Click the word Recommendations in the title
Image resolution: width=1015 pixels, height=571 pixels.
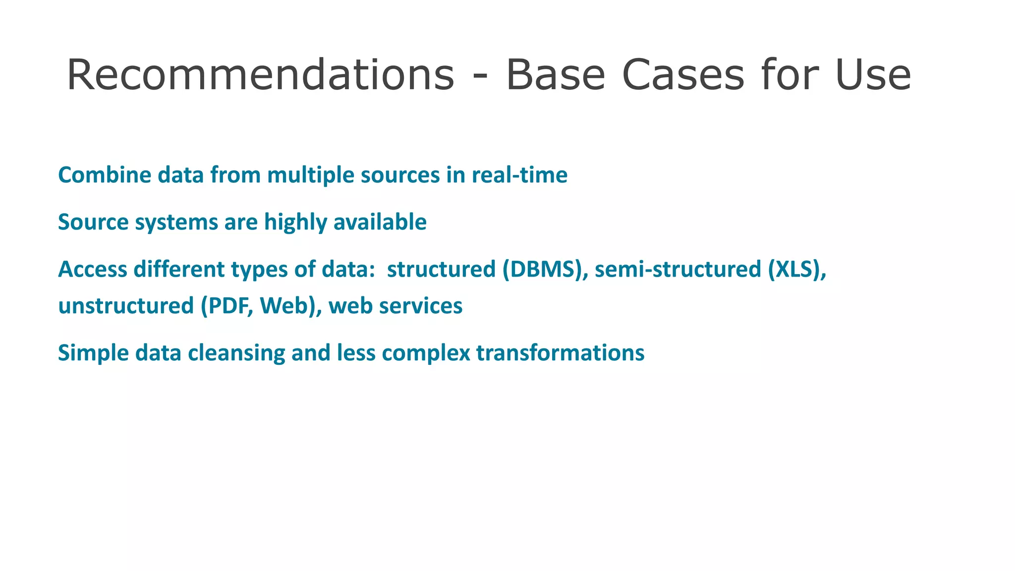[x=260, y=75]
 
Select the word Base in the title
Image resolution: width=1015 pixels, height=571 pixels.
[x=555, y=75]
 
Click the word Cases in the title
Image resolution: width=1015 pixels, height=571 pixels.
[x=683, y=75]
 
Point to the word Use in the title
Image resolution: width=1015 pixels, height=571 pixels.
[x=873, y=75]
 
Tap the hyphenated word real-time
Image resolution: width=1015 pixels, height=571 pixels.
[x=519, y=175]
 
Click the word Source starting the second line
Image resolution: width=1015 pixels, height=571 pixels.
[x=93, y=222]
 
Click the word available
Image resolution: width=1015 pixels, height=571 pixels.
[x=380, y=222]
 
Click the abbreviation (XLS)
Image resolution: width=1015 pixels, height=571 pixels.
[x=797, y=269]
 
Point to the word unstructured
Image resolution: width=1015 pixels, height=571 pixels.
[x=126, y=306]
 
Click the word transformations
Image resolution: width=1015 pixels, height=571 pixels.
[x=560, y=353]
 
